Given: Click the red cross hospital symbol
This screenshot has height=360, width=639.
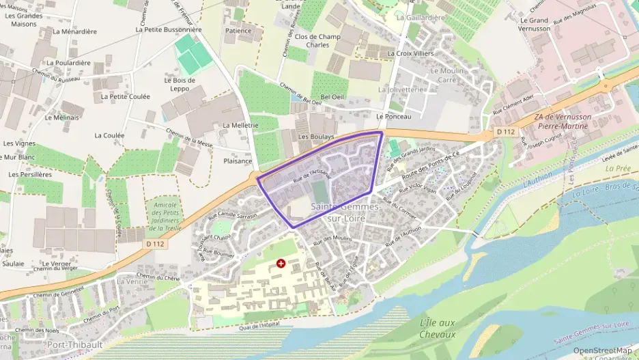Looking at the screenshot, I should (x=281, y=263).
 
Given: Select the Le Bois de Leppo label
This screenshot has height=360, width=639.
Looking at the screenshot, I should (x=180, y=85).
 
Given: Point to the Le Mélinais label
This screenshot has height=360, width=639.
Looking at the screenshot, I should (x=62, y=117).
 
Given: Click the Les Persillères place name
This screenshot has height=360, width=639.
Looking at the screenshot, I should (x=31, y=174).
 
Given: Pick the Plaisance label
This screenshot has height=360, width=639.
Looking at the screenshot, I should (x=238, y=161).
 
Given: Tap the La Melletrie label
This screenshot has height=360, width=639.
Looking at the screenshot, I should (x=240, y=126).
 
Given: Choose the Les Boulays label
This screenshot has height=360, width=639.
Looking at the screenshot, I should (x=316, y=137).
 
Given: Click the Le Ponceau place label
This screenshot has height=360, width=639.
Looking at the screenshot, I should (x=393, y=117).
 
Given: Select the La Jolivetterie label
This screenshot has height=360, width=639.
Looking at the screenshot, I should (x=401, y=89).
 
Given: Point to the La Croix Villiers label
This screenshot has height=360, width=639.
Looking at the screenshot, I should (x=410, y=53).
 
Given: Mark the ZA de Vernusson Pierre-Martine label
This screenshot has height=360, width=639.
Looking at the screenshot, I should (x=564, y=122).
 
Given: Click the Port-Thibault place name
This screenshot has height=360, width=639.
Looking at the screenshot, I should (x=74, y=345).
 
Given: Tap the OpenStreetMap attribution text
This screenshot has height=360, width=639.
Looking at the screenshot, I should (x=602, y=350).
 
